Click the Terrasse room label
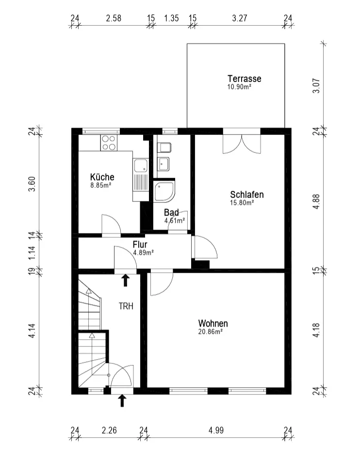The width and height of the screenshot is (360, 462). tap(244, 79)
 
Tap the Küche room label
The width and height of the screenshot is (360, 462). tap(102, 177)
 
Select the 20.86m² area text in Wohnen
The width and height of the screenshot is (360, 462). tap(211, 332)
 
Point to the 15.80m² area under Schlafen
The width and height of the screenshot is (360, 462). tap(242, 203)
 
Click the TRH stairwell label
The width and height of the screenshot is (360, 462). tap(126, 306)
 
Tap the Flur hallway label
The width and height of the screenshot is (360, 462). tap(140, 245)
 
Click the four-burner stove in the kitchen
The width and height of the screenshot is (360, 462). tap(109, 143)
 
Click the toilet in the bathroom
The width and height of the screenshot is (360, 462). tap(164, 148)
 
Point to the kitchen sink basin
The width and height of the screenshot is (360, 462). tap(141, 165)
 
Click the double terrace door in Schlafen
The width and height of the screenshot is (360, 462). tap(242, 144)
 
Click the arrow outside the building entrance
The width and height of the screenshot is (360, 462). tap(122, 401)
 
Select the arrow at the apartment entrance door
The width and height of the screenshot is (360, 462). tap(126, 280)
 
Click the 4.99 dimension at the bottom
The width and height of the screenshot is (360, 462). tap(216, 430)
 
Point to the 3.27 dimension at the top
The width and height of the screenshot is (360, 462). tap(240, 18)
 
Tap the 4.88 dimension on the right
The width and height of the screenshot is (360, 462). tap(316, 202)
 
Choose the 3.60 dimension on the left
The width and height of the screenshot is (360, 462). tap(32, 184)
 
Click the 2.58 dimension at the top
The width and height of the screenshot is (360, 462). tap(114, 18)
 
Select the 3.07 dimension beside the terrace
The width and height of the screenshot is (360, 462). tap(316, 86)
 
